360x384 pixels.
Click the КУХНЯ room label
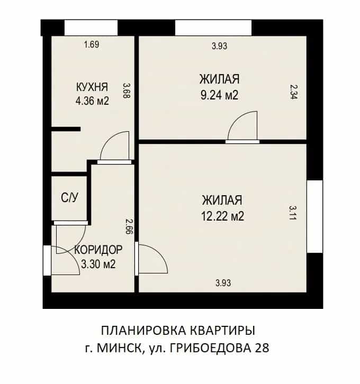point(92,87)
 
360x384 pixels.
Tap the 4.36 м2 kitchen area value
point(92,100)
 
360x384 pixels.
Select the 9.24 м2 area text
point(219,95)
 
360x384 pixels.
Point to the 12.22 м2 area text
point(222,216)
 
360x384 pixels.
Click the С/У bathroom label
point(70,198)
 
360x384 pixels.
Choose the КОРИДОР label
point(98,250)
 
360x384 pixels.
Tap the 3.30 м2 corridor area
point(98,264)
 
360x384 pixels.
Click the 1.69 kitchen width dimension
point(92,45)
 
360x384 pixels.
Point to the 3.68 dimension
point(127,90)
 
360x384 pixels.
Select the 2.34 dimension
point(294,92)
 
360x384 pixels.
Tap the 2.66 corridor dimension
point(129,226)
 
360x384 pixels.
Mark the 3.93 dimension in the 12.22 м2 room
point(223,283)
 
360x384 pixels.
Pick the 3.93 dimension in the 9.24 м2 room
point(220,46)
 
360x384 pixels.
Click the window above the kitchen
point(91,28)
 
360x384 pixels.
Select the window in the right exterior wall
point(314,216)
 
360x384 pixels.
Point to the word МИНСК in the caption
point(119,348)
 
